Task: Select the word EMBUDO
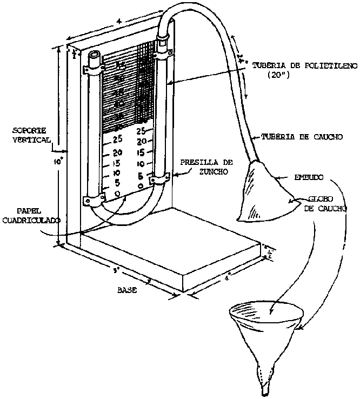(x=308, y=177)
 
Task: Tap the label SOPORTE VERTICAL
(x=30, y=135)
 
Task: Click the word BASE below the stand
(x=127, y=290)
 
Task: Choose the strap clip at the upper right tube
(x=164, y=52)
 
